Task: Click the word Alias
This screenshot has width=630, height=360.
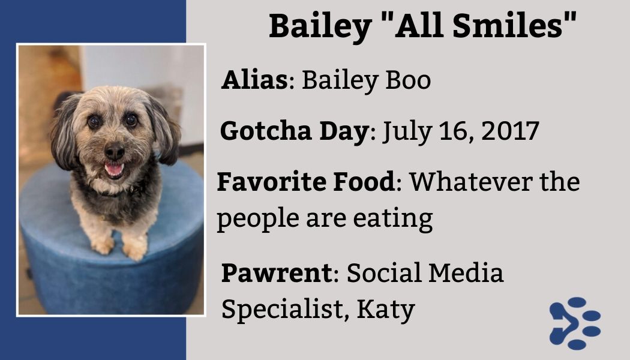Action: point(255,80)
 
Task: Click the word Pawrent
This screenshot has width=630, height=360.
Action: point(276,273)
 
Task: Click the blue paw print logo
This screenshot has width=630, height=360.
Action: point(574,323)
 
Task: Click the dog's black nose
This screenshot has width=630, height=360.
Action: point(113,151)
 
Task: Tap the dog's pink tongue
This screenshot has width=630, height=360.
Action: point(113,169)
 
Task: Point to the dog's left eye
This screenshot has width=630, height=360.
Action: point(131,119)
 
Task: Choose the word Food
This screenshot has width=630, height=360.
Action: point(364,181)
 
